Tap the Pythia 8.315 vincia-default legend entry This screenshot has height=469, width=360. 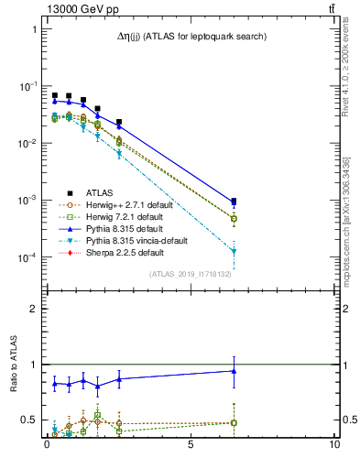134,240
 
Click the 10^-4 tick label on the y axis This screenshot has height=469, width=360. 29,257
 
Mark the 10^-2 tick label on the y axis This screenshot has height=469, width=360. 29,144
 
